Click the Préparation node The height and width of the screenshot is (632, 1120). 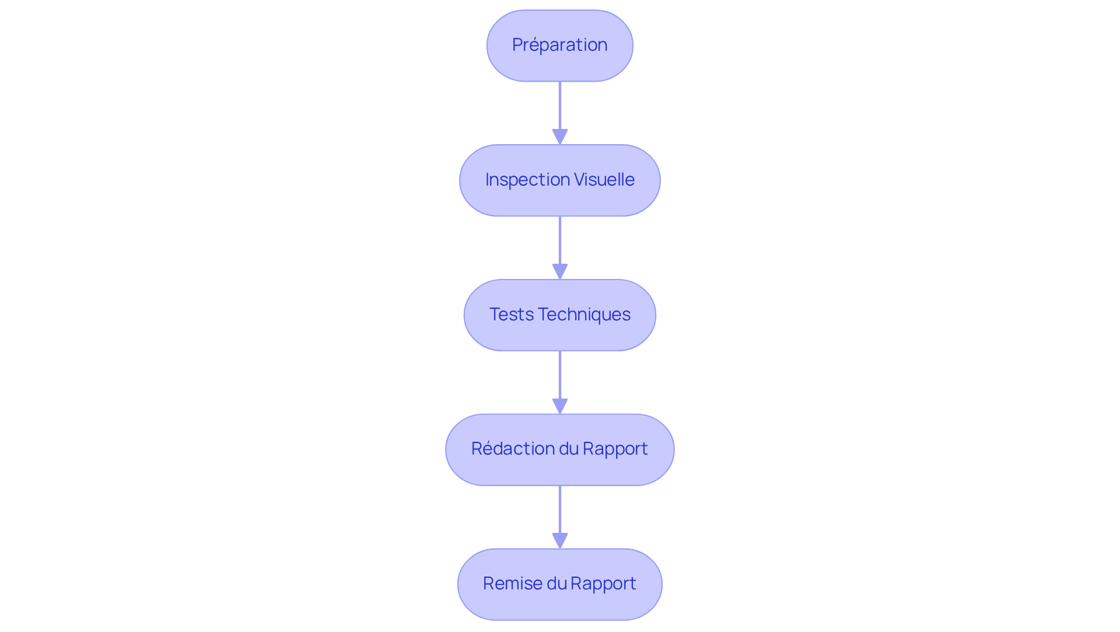click(559, 46)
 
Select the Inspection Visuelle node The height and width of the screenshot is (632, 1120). click(559, 180)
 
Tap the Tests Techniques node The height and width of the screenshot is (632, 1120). click(559, 315)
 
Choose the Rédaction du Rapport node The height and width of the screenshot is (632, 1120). click(559, 449)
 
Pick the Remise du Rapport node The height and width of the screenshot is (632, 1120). click(559, 584)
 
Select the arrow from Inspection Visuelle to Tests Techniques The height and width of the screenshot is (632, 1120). click(560, 240)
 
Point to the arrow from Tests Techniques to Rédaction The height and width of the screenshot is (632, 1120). click(560, 375)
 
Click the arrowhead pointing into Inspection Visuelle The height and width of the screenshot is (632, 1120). click(560, 137)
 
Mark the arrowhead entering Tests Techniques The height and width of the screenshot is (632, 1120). click(560, 272)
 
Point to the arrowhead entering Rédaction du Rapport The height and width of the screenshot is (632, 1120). click(560, 407)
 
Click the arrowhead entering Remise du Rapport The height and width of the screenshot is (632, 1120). click(560, 541)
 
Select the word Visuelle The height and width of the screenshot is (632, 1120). click(604, 180)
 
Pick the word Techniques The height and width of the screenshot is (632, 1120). click(584, 315)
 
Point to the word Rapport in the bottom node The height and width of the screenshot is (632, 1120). click(603, 584)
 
